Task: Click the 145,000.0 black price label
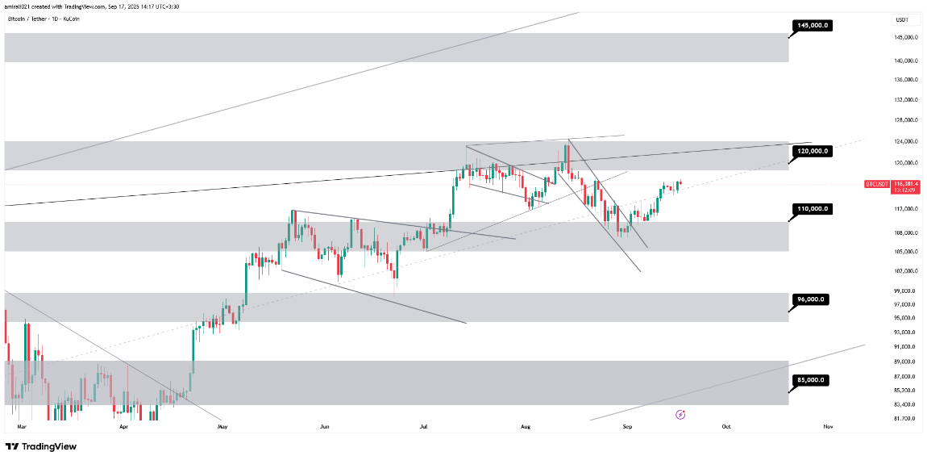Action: (813, 25)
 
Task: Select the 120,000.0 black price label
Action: (813, 151)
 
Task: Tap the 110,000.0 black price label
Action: (813, 209)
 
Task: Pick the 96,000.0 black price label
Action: (813, 299)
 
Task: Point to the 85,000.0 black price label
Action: (813, 379)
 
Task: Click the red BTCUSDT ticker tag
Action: (876, 184)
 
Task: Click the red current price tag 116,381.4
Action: (906, 184)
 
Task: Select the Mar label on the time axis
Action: (22, 425)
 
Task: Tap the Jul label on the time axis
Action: (424, 425)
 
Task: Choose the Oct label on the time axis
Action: (726, 425)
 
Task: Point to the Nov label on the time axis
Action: (828, 425)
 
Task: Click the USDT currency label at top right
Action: (901, 19)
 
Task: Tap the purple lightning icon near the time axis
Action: (680, 414)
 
